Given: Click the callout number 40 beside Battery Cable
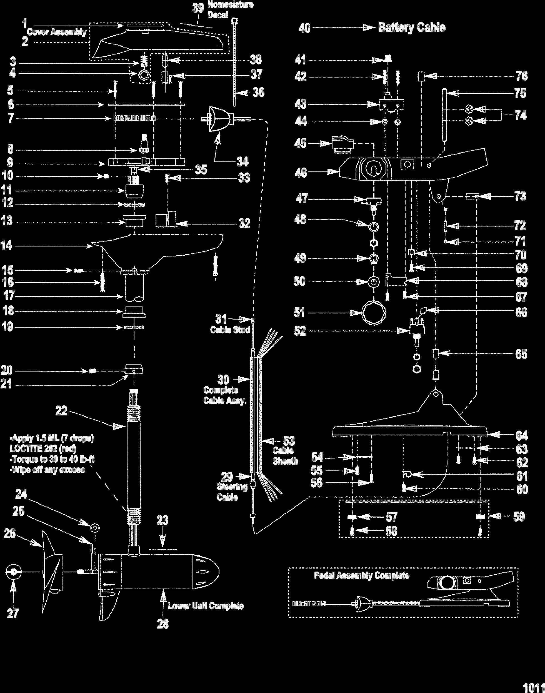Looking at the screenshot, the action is (x=304, y=28).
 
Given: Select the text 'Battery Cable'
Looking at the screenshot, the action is (x=411, y=28).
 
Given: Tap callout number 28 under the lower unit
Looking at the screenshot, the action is (x=163, y=624).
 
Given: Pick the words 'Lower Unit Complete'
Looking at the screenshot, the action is (x=206, y=606).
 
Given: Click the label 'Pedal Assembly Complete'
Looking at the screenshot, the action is (x=361, y=575).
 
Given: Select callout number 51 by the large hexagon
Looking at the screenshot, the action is (x=300, y=313).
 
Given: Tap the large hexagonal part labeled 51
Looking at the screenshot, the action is (x=374, y=313).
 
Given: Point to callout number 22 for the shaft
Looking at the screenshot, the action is (x=61, y=410).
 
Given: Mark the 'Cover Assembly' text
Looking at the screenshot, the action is (x=56, y=32).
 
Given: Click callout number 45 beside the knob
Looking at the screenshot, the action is (x=300, y=143).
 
